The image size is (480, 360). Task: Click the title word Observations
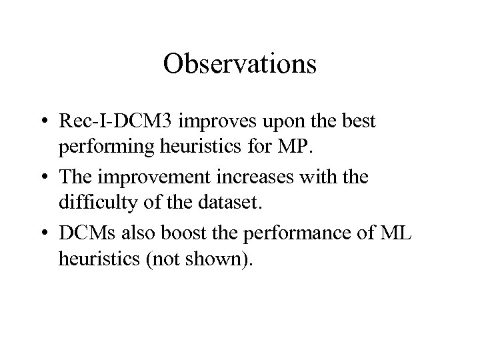pos(239,65)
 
